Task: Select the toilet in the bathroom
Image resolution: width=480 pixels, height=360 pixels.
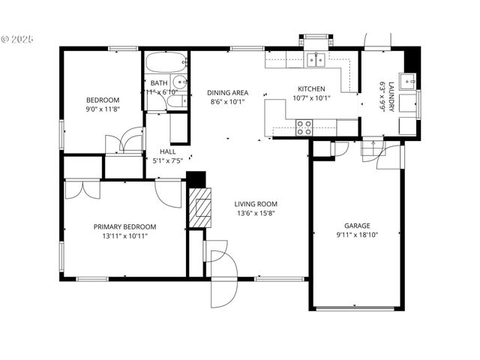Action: click(x=174, y=100)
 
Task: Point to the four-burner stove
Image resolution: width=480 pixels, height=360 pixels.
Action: click(x=304, y=127)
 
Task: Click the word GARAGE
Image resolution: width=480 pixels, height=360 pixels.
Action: click(x=357, y=225)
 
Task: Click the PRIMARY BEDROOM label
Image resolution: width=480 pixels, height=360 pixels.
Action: click(x=124, y=226)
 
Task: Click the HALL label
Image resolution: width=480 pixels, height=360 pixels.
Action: click(x=167, y=151)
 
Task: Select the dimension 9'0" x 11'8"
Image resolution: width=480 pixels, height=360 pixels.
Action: click(x=102, y=109)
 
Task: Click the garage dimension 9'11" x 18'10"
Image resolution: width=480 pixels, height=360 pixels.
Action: click(x=357, y=235)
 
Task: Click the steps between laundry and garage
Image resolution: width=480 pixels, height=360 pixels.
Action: click(x=373, y=152)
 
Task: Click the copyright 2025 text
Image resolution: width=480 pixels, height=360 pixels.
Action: click(x=18, y=37)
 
